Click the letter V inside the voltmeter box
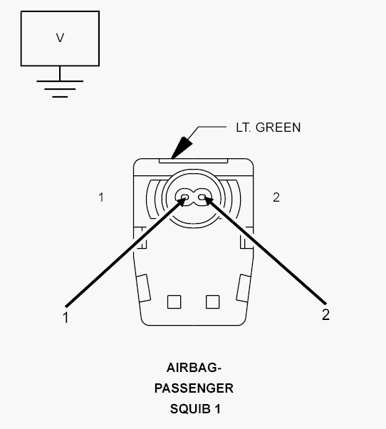tap(60, 38)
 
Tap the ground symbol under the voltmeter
tap(60, 89)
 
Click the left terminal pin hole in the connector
tap(184, 197)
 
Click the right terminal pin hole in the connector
tap(202, 197)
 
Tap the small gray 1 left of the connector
tap(101, 197)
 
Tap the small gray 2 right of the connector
tap(276, 197)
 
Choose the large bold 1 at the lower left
tap(65, 318)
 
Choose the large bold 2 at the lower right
tap(325, 315)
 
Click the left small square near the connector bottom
tap(174, 301)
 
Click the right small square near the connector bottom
tap(212, 301)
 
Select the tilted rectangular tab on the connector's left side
tap(143, 288)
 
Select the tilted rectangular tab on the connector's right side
tap(244, 288)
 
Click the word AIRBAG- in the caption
tap(194, 368)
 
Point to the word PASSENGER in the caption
tap(194, 388)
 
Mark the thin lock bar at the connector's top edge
tap(193, 160)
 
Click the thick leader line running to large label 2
tap(265, 250)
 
